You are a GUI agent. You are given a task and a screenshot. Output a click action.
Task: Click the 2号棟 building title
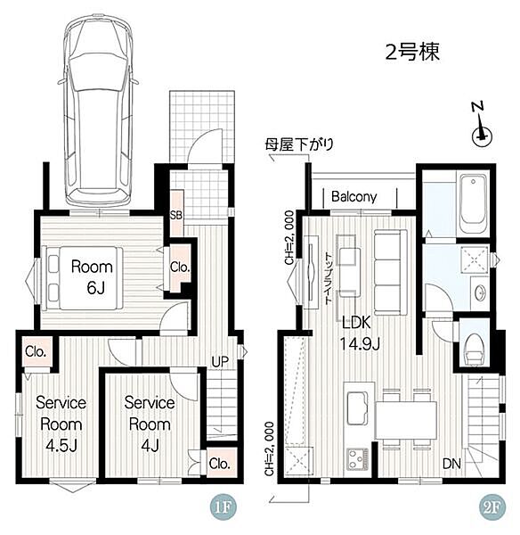412,53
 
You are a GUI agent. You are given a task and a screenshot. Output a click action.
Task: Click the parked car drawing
98,111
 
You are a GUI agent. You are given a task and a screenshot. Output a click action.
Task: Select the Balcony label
354,196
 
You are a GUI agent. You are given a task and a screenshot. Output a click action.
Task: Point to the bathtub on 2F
474,204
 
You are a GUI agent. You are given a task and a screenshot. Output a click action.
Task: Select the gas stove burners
357,459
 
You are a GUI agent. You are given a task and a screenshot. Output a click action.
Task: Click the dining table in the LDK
406,420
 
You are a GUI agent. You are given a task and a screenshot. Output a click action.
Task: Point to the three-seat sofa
391,272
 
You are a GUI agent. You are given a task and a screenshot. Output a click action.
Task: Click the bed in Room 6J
82,278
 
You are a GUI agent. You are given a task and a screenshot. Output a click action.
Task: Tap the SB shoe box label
176,215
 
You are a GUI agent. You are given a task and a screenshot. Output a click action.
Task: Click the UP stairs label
220,362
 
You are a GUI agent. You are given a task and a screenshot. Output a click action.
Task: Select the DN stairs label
451,464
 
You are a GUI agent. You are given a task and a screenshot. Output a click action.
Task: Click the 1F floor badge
223,507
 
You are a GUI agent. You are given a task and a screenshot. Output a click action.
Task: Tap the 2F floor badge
492,507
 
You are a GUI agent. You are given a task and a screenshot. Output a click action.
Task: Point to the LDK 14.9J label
359,333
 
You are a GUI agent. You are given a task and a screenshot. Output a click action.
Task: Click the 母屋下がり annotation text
299,145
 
